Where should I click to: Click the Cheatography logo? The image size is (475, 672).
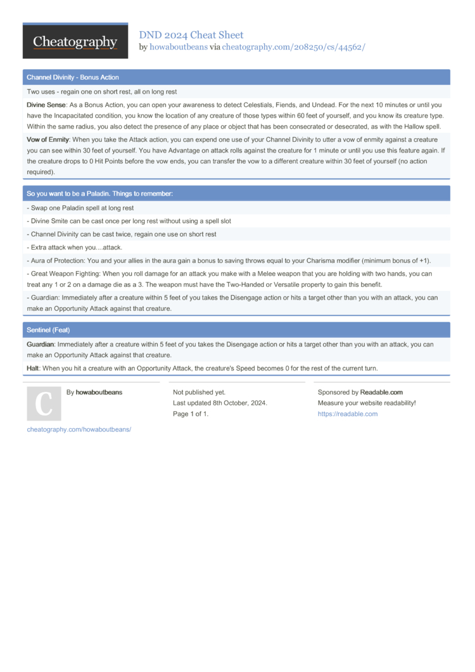pyautogui.click(x=75, y=42)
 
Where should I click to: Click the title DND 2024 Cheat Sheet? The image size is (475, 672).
pyautogui.click(x=191, y=35)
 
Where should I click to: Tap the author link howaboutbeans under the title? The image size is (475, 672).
pyautogui.click(x=178, y=47)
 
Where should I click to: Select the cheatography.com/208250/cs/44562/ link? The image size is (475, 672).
pyautogui.click(x=293, y=47)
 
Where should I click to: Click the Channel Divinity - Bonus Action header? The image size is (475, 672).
pyautogui.click(x=73, y=77)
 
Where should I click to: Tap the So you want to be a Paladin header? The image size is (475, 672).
pyautogui.click(x=99, y=193)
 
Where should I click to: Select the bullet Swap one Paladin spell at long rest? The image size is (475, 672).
pyautogui.click(x=80, y=208)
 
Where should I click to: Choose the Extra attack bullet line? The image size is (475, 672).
pyautogui.click(x=75, y=247)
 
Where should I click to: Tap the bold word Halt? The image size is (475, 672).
pyautogui.click(x=33, y=369)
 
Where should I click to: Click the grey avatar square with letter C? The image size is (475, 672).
pyautogui.click(x=44, y=404)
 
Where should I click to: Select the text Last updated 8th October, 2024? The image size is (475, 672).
pyautogui.click(x=220, y=403)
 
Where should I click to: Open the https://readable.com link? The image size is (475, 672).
pyautogui.click(x=347, y=414)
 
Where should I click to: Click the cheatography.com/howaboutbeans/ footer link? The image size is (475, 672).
pyautogui.click(x=79, y=429)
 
